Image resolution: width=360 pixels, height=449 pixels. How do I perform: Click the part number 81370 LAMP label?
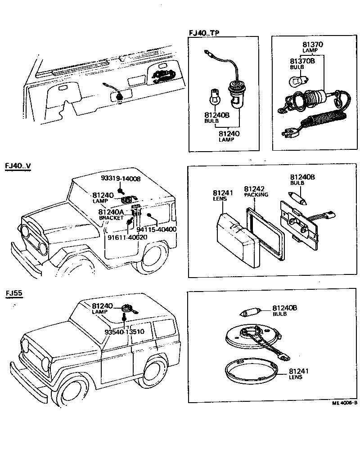[x=313, y=47]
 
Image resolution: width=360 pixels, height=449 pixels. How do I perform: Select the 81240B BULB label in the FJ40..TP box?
[x=216, y=117]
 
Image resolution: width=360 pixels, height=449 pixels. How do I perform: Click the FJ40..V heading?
[x=18, y=166]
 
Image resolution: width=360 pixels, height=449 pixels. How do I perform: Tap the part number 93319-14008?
[x=120, y=179]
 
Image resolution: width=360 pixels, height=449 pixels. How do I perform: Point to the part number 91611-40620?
[x=127, y=237]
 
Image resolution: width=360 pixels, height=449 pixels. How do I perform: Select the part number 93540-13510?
[x=124, y=332]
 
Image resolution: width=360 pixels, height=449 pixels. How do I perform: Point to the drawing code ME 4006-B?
[x=344, y=403]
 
